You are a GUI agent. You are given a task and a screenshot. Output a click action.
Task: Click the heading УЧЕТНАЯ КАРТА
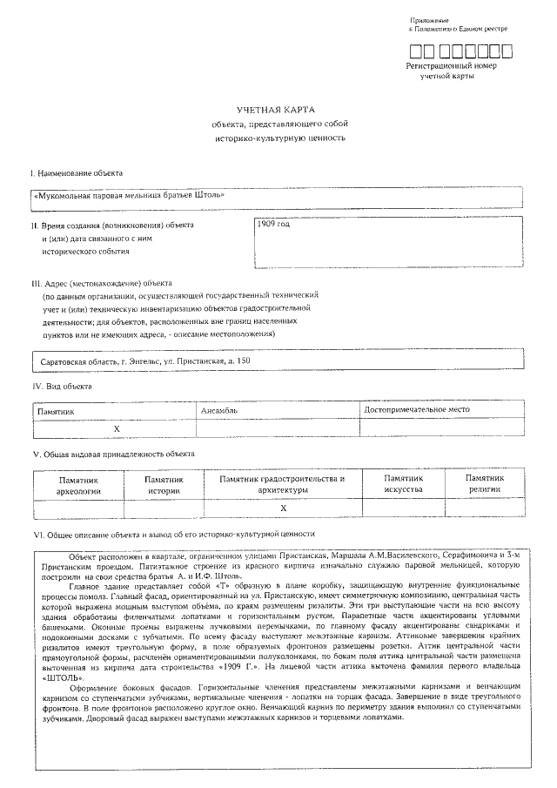(276, 109)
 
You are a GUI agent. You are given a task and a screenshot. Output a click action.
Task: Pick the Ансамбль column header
(219, 409)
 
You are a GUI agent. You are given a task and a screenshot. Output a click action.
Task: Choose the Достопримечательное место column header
(417, 409)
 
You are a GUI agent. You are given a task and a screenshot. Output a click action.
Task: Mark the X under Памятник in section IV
(116, 428)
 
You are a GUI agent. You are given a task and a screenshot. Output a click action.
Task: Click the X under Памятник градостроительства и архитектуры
(283, 508)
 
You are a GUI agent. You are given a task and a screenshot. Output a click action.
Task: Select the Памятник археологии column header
(78, 485)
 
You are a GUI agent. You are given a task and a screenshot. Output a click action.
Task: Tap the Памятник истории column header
(164, 485)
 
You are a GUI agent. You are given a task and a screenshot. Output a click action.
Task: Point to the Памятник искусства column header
(403, 484)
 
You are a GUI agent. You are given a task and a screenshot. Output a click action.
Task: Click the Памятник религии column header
(486, 484)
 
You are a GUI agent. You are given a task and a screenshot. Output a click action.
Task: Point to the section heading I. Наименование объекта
(77, 174)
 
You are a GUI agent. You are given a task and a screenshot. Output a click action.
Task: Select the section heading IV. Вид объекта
(62, 386)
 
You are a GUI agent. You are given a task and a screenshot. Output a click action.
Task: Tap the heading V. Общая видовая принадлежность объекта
(113, 454)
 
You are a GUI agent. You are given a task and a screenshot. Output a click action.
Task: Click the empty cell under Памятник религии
(486, 508)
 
